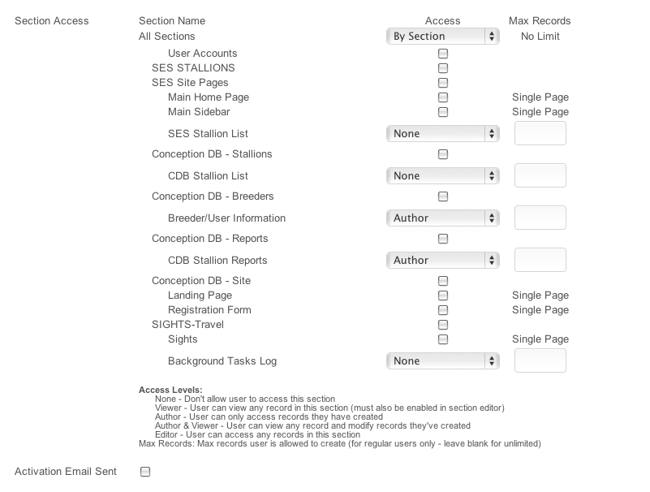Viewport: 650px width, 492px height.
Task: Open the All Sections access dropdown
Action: tap(442, 36)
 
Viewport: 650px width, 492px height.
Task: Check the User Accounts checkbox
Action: tap(443, 54)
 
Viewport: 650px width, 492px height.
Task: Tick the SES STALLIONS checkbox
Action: tap(443, 68)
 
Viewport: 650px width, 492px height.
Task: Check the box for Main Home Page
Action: tap(443, 97)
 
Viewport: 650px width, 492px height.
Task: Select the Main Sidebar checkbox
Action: tap(443, 112)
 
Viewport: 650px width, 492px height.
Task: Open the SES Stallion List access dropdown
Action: tap(442, 133)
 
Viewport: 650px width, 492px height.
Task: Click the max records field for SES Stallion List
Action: tap(540, 133)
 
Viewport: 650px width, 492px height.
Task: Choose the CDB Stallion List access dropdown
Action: tap(442, 175)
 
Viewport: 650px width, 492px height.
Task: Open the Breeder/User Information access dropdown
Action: tap(442, 218)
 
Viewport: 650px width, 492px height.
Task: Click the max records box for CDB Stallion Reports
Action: tap(540, 260)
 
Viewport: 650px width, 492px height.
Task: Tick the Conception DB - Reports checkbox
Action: tap(443, 239)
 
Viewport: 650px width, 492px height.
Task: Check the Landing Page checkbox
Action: tap(443, 296)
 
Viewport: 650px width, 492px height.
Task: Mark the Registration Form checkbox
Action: tap(443, 310)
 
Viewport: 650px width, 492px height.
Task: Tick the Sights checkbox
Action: tap(443, 339)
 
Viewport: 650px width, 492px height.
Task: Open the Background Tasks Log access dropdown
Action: tap(442, 360)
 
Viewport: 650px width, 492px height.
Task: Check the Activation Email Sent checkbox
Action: tap(145, 472)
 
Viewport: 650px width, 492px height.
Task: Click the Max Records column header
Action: tap(540, 20)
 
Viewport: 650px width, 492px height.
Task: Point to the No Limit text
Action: tap(540, 36)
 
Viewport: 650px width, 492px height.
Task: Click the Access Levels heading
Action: tap(170, 390)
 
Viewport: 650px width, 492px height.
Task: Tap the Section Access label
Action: tap(52, 20)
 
